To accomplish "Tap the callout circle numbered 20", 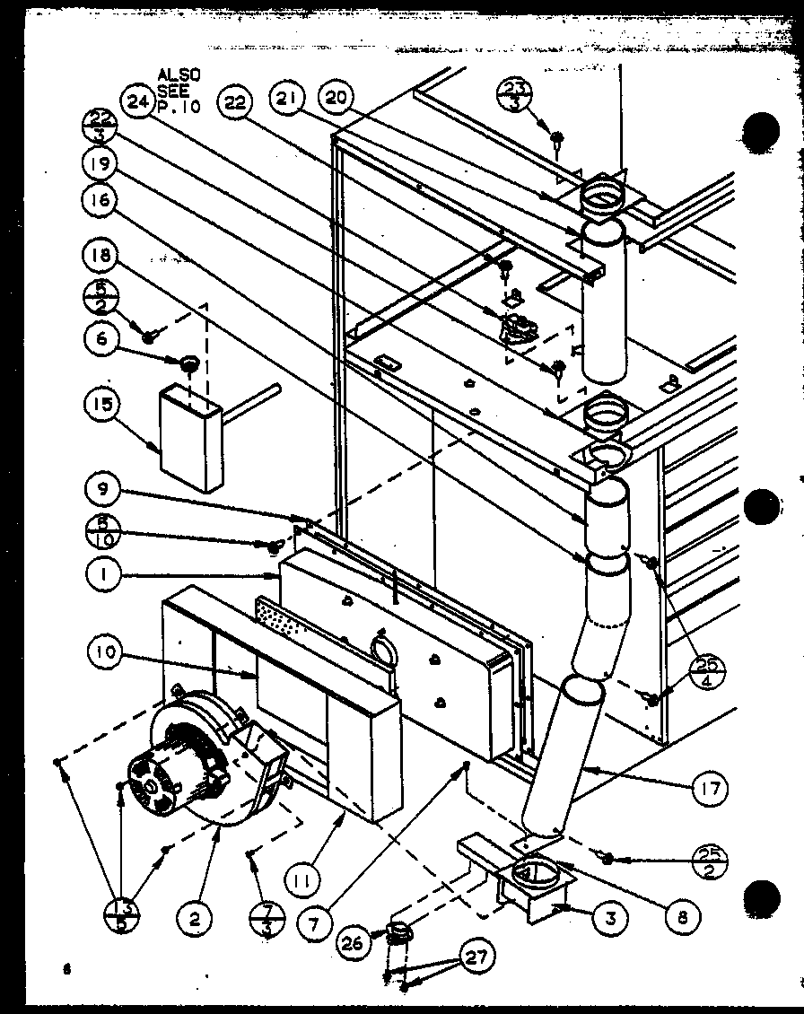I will click(x=341, y=101).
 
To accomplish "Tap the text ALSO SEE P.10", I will click(x=179, y=90).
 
